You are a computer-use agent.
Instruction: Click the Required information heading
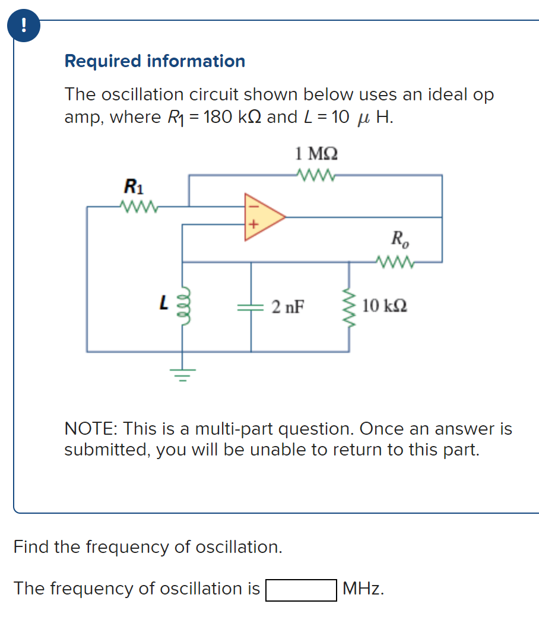pyautogui.click(x=154, y=61)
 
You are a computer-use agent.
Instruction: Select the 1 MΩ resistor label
pyautogui.click(x=316, y=154)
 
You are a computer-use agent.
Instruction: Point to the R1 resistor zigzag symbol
pyautogui.click(x=138, y=207)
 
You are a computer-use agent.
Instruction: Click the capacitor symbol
pyautogui.click(x=251, y=307)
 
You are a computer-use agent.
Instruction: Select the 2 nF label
pyautogui.click(x=288, y=307)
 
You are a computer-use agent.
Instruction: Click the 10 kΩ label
pyautogui.click(x=384, y=307)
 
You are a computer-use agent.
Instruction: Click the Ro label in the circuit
pyautogui.click(x=400, y=239)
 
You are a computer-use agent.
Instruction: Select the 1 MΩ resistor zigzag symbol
pyautogui.click(x=318, y=175)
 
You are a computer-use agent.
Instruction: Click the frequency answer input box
pyautogui.click(x=301, y=590)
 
